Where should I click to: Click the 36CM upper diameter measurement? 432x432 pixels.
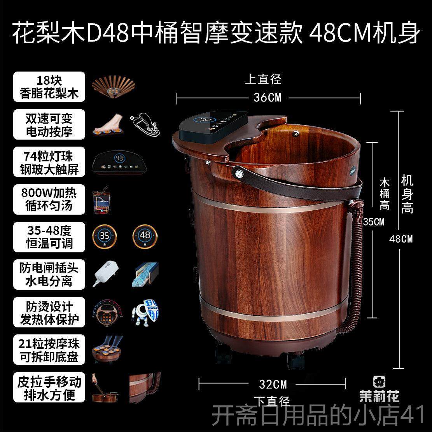click(x=267, y=97)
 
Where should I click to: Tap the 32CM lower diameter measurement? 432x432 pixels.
click(x=273, y=384)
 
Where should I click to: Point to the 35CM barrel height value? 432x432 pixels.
click(x=374, y=222)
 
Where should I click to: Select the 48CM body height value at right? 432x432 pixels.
click(x=401, y=238)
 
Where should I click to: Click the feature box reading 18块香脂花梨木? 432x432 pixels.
click(x=49, y=87)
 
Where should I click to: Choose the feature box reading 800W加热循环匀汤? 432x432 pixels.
click(x=49, y=199)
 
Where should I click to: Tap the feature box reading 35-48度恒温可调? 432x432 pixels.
click(x=49, y=237)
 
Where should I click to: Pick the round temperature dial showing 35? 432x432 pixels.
click(x=105, y=236)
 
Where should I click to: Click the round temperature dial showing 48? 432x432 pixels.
click(x=145, y=236)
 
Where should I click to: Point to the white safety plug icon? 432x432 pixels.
click(x=105, y=274)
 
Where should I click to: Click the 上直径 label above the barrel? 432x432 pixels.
click(x=263, y=79)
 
